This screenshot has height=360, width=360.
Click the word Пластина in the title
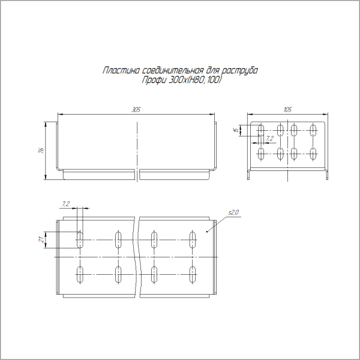[118, 71]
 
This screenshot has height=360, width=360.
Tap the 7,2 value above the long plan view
[66, 204]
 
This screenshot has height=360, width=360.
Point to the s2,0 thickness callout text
[234, 212]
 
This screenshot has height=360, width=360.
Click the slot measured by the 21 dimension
[80, 239]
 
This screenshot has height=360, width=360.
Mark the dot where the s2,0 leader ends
[208, 231]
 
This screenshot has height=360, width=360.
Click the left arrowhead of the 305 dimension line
[59, 115]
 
